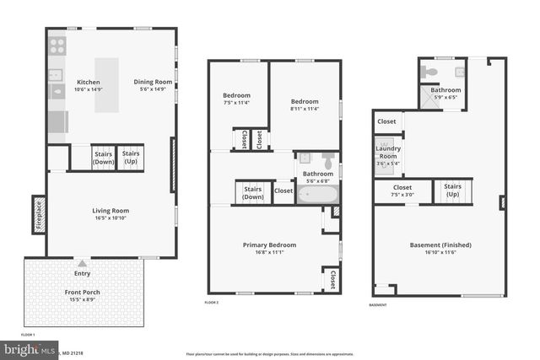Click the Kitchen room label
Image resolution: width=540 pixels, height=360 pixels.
point(89,82)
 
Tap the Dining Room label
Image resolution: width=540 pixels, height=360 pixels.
point(153,82)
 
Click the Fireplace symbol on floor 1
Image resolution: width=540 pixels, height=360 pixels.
point(39,214)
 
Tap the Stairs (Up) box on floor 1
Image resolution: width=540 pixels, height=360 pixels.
point(130,158)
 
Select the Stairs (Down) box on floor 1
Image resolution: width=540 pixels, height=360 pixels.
point(103,158)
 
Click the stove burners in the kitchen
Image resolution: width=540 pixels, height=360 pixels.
point(57,46)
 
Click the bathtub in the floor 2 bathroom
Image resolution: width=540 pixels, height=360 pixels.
point(317,193)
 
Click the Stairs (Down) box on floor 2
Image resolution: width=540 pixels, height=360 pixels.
point(252,193)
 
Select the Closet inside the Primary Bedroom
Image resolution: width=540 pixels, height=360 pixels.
point(332,278)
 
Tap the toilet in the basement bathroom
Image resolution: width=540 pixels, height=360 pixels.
point(432,73)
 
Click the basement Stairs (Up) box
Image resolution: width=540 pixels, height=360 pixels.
point(452,190)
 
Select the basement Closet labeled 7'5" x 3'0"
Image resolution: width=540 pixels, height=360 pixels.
point(402,190)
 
